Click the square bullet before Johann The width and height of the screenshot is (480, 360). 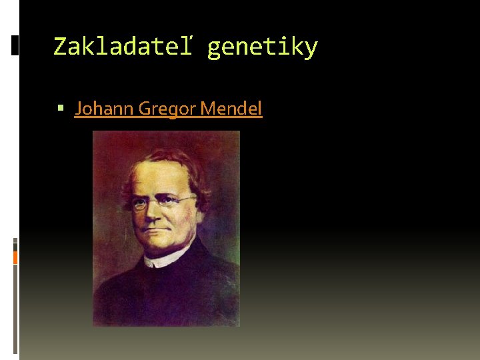click(x=62, y=106)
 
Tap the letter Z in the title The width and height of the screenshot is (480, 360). click(x=60, y=47)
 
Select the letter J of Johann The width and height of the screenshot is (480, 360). click(x=78, y=108)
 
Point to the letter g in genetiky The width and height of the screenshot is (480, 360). click(x=214, y=49)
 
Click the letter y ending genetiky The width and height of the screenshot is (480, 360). click(x=311, y=49)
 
